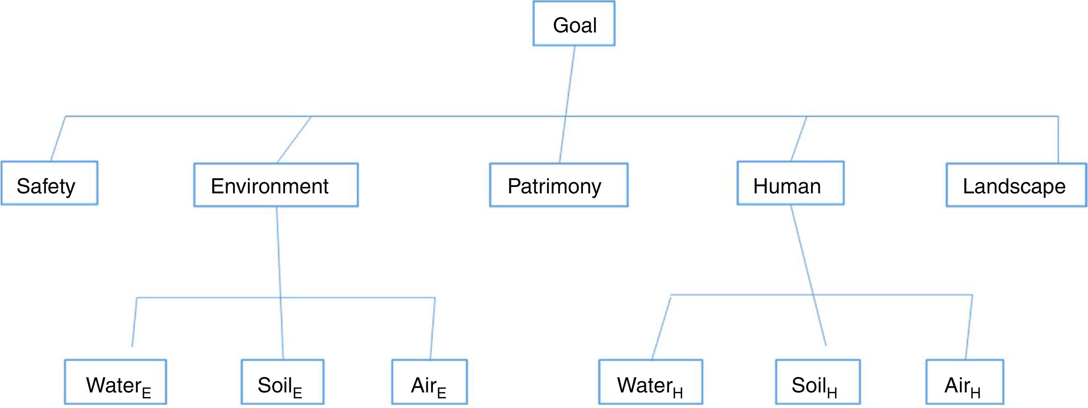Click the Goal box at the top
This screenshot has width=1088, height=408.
point(573,24)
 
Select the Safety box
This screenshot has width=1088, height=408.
point(50,183)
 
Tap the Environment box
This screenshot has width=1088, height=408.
point(276,185)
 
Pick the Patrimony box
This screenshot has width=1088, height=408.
point(559,185)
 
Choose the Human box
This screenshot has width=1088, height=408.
point(790,183)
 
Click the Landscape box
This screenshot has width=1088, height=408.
point(1016,185)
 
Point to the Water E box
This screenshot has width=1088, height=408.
point(115,382)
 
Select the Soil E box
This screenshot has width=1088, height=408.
point(282,382)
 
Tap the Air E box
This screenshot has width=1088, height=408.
point(429,382)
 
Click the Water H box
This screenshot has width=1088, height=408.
point(650,382)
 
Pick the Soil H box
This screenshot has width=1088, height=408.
point(818,382)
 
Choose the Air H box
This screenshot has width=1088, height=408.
point(964,382)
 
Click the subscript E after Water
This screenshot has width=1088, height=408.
point(146,393)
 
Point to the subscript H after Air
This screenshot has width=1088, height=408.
point(975,393)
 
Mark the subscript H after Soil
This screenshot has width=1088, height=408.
point(832,393)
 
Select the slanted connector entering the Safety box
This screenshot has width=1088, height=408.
point(58,138)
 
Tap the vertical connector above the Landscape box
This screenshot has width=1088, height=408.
point(1058,140)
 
